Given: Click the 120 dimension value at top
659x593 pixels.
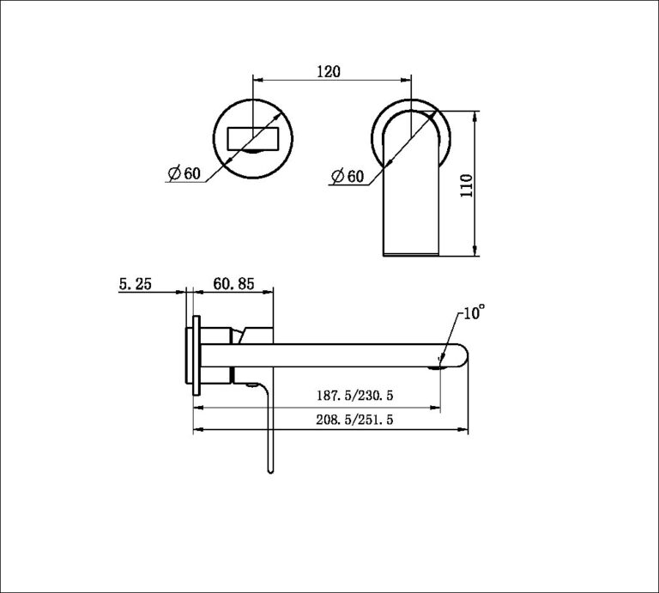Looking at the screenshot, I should coord(327,72).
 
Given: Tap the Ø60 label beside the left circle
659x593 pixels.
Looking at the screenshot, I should coord(184,173).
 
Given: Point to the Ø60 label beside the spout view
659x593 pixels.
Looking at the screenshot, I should coord(348,176).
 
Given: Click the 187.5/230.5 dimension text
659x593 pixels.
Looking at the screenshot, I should coord(360,396).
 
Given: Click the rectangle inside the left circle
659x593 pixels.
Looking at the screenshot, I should coord(253,137).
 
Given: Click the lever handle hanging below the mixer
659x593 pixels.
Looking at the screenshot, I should coord(269,429).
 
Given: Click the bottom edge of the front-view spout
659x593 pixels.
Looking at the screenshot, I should coord(411,255).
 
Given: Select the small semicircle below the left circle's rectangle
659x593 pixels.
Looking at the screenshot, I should coord(253,153).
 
